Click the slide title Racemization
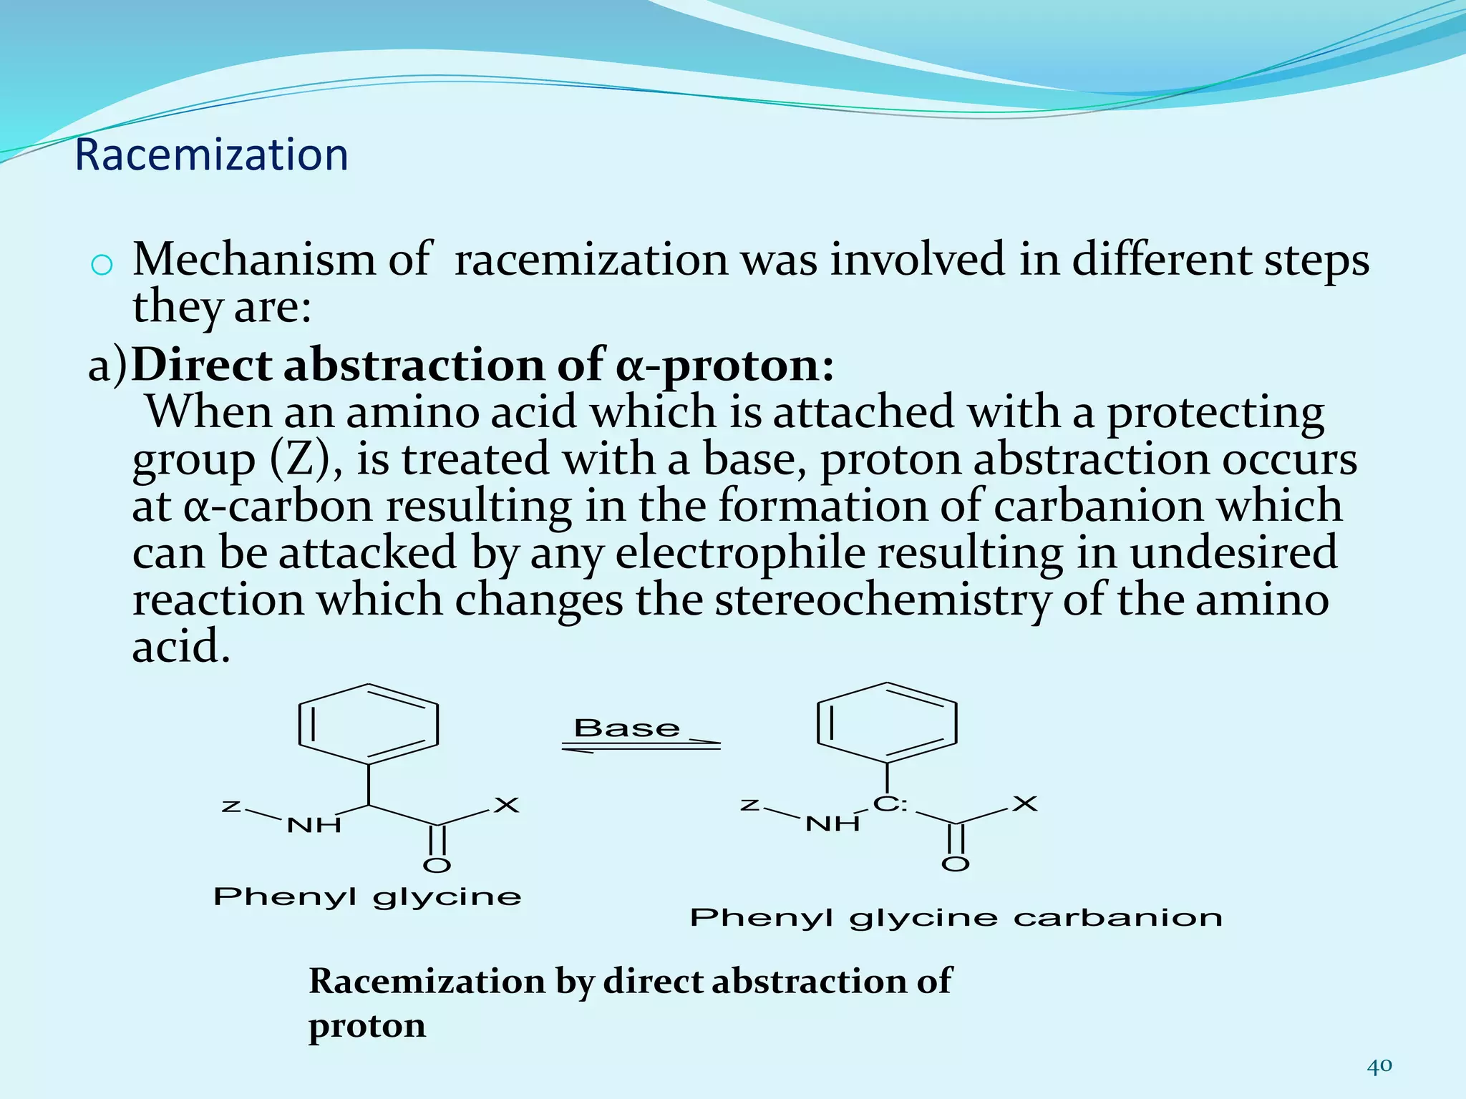coord(211,155)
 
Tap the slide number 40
coord(1379,1066)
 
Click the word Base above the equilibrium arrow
coord(627,728)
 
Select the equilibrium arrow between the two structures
coord(641,746)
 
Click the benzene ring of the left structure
coord(368,724)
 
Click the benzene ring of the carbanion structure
coord(887,723)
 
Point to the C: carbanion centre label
coord(890,804)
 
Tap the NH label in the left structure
coord(314,826)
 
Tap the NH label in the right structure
coord(832,824)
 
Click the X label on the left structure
coord(507,806)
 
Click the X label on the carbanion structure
coord(1025,804)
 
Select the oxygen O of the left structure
coord(437,866)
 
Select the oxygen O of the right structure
coord(955,864)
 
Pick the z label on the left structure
coord(230,807)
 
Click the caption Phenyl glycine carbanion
coord(956,918)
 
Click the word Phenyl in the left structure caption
coord(284,897)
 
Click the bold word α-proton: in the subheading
coord(724,365)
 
